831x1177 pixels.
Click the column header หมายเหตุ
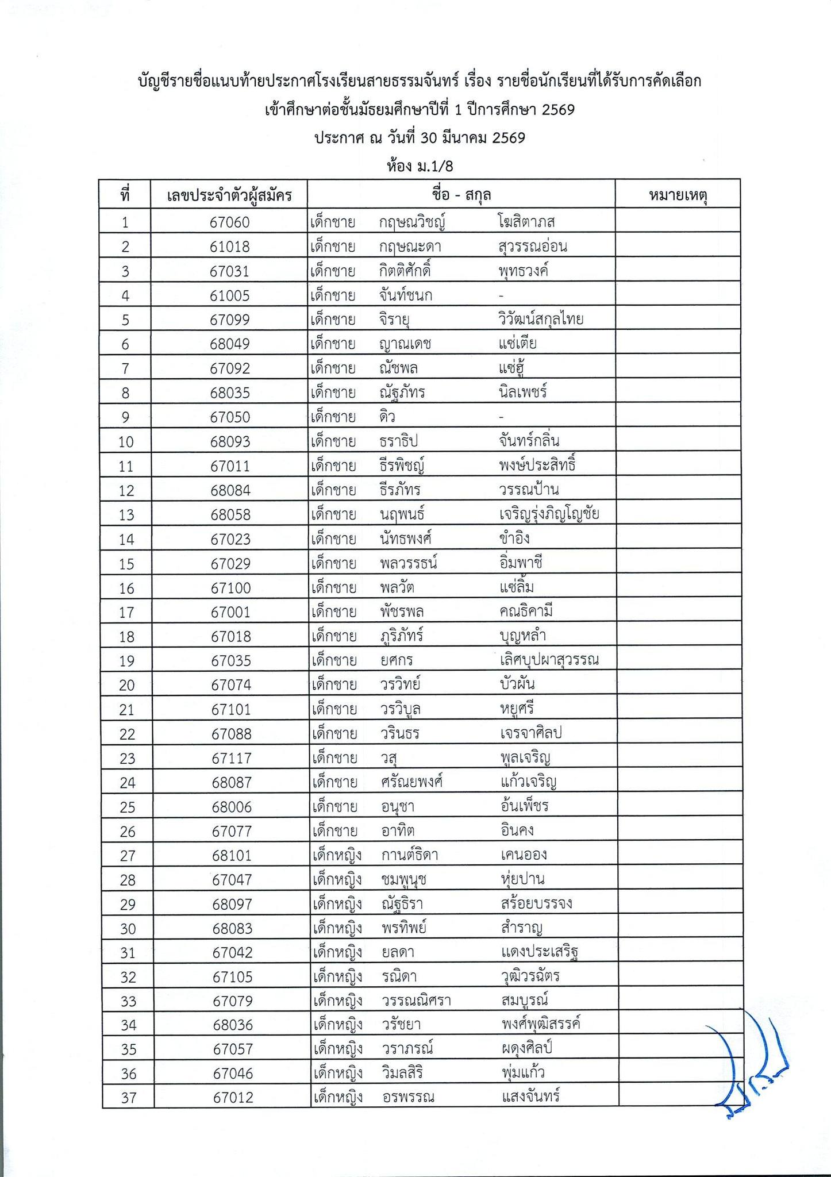point(678,195)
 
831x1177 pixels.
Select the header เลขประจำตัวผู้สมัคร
point(229,196)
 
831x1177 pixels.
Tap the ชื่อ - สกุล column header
point(461,195)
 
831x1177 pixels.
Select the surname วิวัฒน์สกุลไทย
point(541,319)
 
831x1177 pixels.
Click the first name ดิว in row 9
point(387,417)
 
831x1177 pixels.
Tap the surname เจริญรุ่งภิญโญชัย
point(549,514)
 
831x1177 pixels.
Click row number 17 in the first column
point(126,612)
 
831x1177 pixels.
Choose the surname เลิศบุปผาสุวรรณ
point(549,660)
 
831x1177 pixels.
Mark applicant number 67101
point(230,709)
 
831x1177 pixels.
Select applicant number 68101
point(232,856)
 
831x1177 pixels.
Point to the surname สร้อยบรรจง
point(536,904)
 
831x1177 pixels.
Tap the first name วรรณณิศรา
point(416,1001)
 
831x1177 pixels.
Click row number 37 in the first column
point(129,1098)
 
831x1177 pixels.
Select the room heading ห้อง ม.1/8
point(420,167)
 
